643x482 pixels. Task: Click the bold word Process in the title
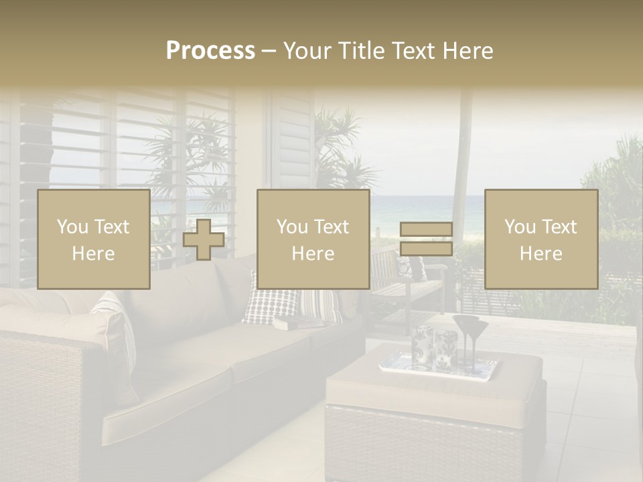point(210,51)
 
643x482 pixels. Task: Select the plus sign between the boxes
point(204,240)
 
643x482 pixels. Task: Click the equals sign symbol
point(426,239)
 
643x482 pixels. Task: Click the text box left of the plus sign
point(94,239)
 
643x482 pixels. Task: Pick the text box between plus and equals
point(313,239)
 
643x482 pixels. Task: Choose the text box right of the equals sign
point(541,239)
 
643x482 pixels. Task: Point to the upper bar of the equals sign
point(426,230)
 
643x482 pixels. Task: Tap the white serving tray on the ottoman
point(439,366)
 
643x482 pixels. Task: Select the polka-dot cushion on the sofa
point(269,305)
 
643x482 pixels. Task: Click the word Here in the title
point(467,51)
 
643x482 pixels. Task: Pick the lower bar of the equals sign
point(426,248)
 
